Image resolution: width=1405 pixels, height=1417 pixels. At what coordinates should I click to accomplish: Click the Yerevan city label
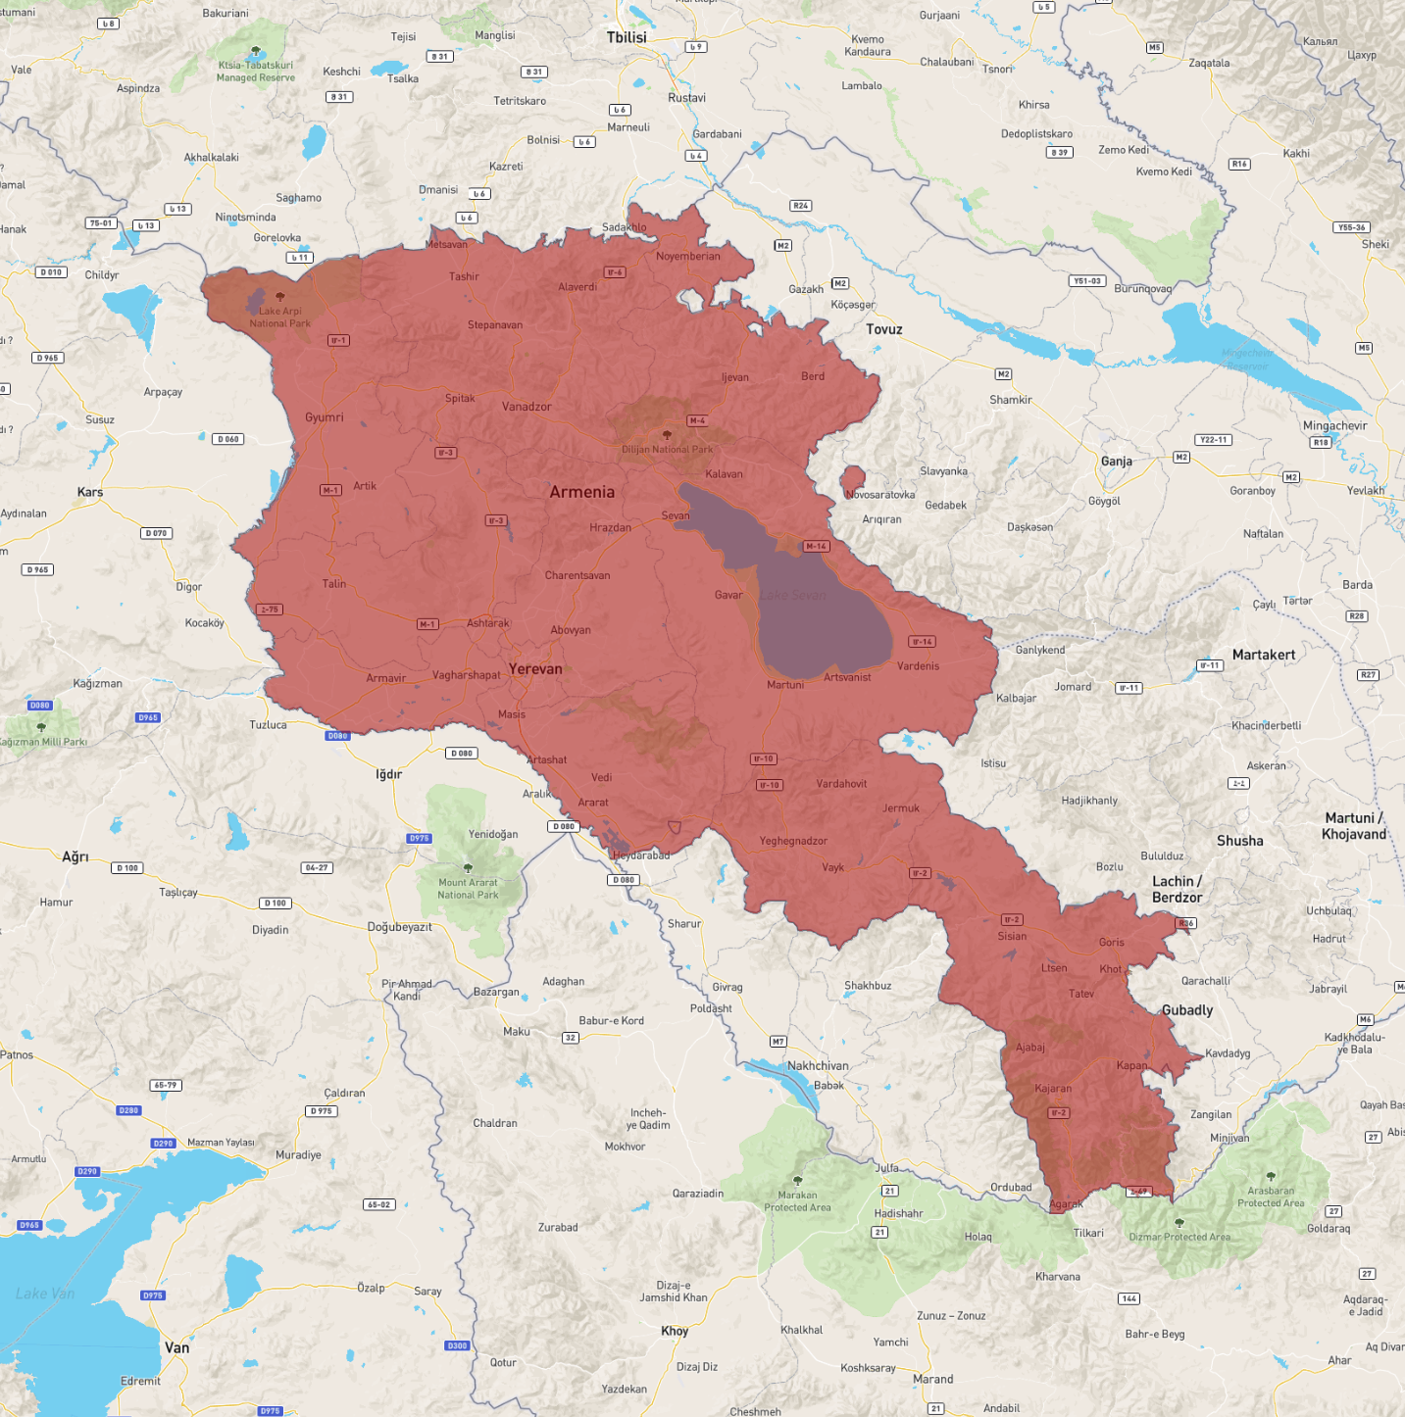point(535,669)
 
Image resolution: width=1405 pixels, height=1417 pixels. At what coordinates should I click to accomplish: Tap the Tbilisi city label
point(627,37)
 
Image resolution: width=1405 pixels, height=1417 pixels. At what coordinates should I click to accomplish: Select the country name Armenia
point(581,492)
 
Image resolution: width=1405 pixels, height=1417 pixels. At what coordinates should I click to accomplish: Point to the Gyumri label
point(324,417)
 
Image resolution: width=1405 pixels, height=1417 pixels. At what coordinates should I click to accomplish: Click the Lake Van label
point(45,1294)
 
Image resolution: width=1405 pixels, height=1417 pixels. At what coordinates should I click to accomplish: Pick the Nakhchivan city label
point(818,1066)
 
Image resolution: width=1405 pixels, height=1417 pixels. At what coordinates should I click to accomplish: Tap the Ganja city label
point(1116,462)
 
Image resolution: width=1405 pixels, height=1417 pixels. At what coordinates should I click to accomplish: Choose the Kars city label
point(90,492)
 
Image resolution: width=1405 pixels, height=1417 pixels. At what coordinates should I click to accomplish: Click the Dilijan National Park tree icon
point(668,434)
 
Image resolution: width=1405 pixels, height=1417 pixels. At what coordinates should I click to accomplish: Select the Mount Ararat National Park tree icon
point(468,868)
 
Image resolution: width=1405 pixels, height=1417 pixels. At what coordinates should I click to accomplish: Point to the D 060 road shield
point(227,439)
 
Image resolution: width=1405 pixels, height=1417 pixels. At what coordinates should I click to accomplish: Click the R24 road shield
point(800,206)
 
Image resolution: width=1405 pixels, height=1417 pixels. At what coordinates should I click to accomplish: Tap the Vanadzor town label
point(527,407)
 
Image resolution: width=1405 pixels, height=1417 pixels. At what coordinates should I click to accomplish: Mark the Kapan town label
point(1131,1066)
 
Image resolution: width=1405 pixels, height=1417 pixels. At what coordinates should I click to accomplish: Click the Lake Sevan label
point(792,595)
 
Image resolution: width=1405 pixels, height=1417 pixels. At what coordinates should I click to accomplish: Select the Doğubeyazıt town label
point(399,927)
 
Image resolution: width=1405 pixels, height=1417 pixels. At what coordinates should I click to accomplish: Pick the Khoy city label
point(675,1331)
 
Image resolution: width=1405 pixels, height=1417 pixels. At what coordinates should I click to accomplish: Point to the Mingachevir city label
point(1334,426)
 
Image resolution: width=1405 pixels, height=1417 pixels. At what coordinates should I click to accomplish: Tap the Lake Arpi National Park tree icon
point(280,296)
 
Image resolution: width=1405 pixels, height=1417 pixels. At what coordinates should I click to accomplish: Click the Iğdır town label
point(389,774)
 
